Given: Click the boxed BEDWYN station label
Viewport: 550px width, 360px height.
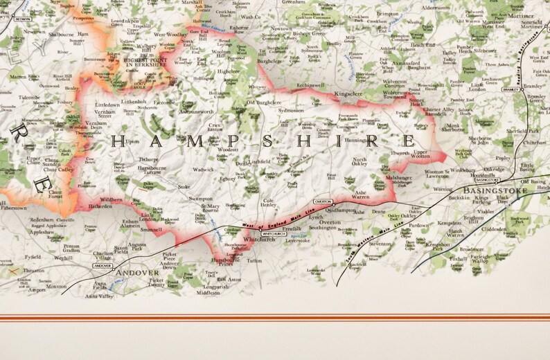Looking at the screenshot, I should click(22, 19).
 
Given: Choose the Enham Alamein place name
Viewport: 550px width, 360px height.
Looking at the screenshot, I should click(131, 223).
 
